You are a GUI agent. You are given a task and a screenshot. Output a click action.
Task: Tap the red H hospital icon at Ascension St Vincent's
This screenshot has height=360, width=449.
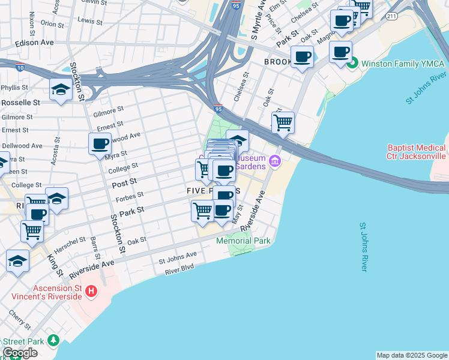[91, 292]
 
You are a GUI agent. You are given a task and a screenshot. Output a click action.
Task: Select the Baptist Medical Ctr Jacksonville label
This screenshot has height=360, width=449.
[417, 151]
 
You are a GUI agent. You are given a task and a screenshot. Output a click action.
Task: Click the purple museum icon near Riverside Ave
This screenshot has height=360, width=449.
[275, 160]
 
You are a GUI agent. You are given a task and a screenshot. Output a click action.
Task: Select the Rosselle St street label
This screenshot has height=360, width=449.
[20, 103]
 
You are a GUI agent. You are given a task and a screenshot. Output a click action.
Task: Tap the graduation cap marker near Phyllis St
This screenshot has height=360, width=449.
[61, 90]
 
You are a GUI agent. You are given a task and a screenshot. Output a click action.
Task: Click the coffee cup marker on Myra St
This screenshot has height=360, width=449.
[100, 144]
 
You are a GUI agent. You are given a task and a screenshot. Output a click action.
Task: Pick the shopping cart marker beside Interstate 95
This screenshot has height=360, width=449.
[283, 123]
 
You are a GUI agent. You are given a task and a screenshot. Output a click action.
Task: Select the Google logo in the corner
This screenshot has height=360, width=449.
[20, 353]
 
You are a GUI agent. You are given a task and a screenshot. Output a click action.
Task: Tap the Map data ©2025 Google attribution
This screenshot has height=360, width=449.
[412, 355]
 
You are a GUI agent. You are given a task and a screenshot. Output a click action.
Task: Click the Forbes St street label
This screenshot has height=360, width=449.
[131, 195]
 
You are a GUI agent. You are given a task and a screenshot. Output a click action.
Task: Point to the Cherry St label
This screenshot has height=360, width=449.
[19, 320]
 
